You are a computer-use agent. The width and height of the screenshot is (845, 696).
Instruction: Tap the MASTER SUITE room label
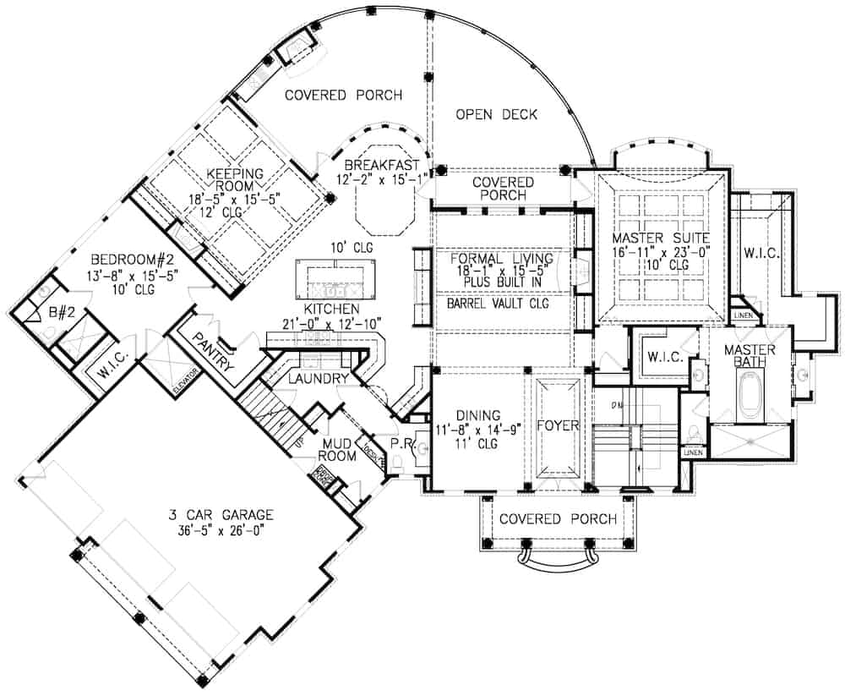661,238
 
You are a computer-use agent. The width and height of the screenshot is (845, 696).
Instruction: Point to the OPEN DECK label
496,115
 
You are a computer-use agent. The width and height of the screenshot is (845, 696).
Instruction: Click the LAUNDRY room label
317,379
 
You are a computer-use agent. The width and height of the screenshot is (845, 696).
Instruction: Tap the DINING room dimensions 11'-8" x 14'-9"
479,428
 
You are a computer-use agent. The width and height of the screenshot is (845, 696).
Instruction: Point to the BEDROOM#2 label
124,255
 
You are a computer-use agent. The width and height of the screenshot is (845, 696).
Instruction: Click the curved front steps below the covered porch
557,559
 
